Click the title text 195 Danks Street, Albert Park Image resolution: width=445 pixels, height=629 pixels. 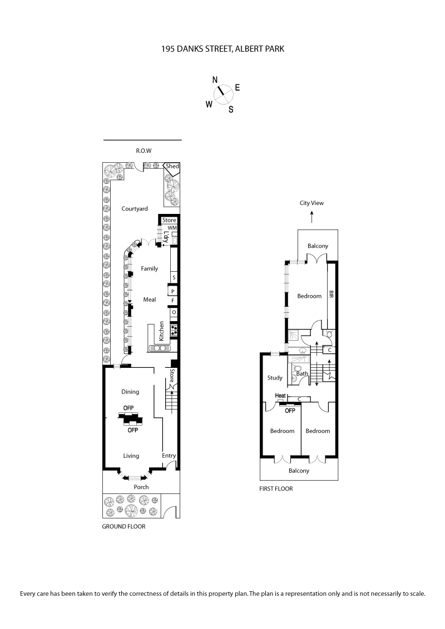[x=222, y=49]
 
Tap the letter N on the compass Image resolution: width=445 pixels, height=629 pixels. [x=215, y=80]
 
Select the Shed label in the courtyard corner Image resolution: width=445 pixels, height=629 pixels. [x=172, y=166]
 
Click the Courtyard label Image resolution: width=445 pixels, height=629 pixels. [x=135, y=208]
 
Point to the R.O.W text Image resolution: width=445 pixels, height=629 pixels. [x=144, y=151]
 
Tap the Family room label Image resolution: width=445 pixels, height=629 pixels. [x=149, y=268]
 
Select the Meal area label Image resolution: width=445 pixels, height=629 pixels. [x=149, y=299]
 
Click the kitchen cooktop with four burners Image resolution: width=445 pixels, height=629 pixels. [x=174, y=331]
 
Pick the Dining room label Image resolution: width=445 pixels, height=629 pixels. [x=130, y=392]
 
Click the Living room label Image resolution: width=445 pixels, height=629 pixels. [x=131, y=456]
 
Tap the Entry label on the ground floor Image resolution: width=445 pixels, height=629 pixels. [x=169, y=456]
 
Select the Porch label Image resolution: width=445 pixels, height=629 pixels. [x=141, y=487]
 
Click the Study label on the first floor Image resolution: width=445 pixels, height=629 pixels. [x=274, y=378]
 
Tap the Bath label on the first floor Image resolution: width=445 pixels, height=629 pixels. [x=301, y=373]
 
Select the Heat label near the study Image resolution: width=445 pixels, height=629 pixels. [x=280, y=396]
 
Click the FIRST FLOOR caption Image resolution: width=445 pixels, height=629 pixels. [x=276, y=489]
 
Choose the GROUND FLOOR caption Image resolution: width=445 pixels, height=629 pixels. [x=123, y=526]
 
